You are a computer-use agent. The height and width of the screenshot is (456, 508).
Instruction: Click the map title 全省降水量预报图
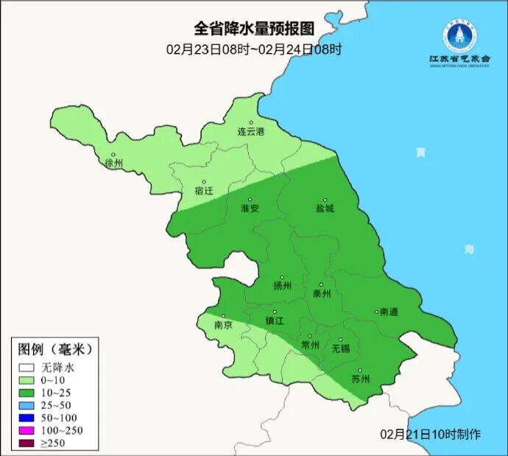pyautogui.click(x=253, y=29)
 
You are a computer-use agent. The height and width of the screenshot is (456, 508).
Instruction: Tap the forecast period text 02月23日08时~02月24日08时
pyautogui.click(x=253, y=49)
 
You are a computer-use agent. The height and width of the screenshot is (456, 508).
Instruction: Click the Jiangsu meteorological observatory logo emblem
pyautogui.click(x=459, y=33)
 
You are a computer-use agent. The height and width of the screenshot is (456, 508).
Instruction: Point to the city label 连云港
pyautogui.click(x=250, y=132)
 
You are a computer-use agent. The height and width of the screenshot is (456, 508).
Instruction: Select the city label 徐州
pyautogui.click(x=114, y=163)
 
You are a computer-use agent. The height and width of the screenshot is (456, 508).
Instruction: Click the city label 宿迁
pyautogui.click(x=204, y=191)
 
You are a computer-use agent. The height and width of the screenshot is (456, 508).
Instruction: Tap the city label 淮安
pyautogui.click(x=250, y=208)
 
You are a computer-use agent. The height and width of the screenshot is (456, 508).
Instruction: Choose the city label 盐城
pyautogui.click(x=325, y=208)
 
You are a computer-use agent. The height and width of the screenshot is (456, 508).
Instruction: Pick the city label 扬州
pyautogui.click(x=282, y=286)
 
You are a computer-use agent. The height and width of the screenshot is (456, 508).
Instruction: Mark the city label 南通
pyautogui.click(x=388, y=312)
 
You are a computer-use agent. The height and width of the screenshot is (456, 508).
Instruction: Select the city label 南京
pyautogui.click(x=223, y=325)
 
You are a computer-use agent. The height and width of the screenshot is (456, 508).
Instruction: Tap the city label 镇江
pyautogui.click(x=275, y=321)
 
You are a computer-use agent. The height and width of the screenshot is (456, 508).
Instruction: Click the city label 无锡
pyautogui.click(x=341, y=348)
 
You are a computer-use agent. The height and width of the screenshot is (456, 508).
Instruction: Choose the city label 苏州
pyautogui.click(x=360, y=379)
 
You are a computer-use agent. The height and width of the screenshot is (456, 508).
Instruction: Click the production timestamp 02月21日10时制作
pyautogui.click(x=431, y=434)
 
